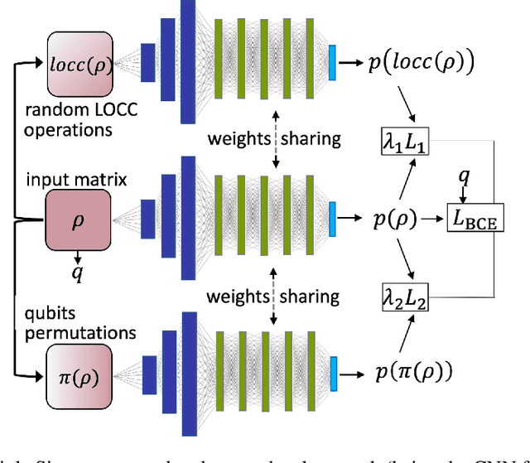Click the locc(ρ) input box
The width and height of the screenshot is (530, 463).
78,63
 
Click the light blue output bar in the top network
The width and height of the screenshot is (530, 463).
333,62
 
